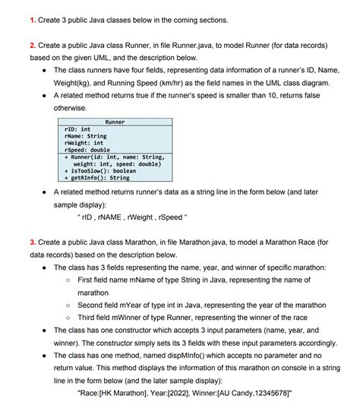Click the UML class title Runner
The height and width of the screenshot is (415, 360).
[x=115, y=122]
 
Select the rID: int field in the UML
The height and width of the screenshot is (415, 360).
[x=78, y=129]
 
